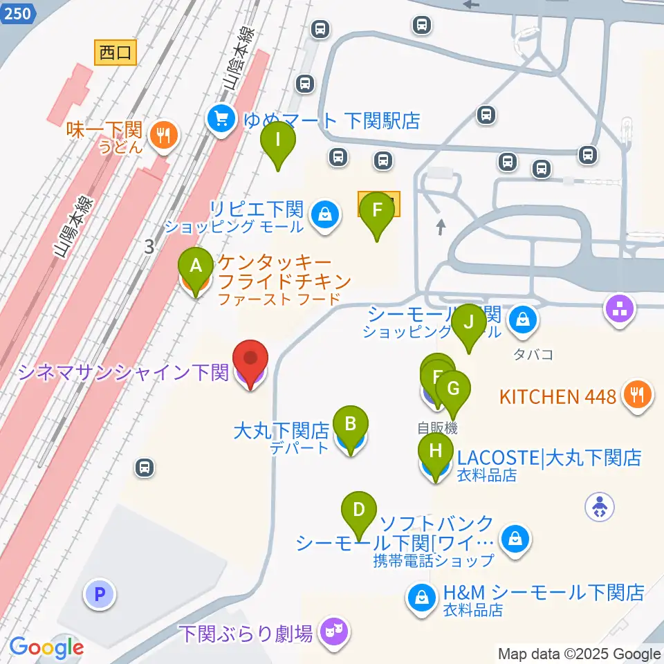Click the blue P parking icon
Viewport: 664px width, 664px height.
(100, 594)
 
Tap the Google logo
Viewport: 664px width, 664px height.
(46, 647)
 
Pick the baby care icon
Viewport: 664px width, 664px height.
(600, 507)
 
